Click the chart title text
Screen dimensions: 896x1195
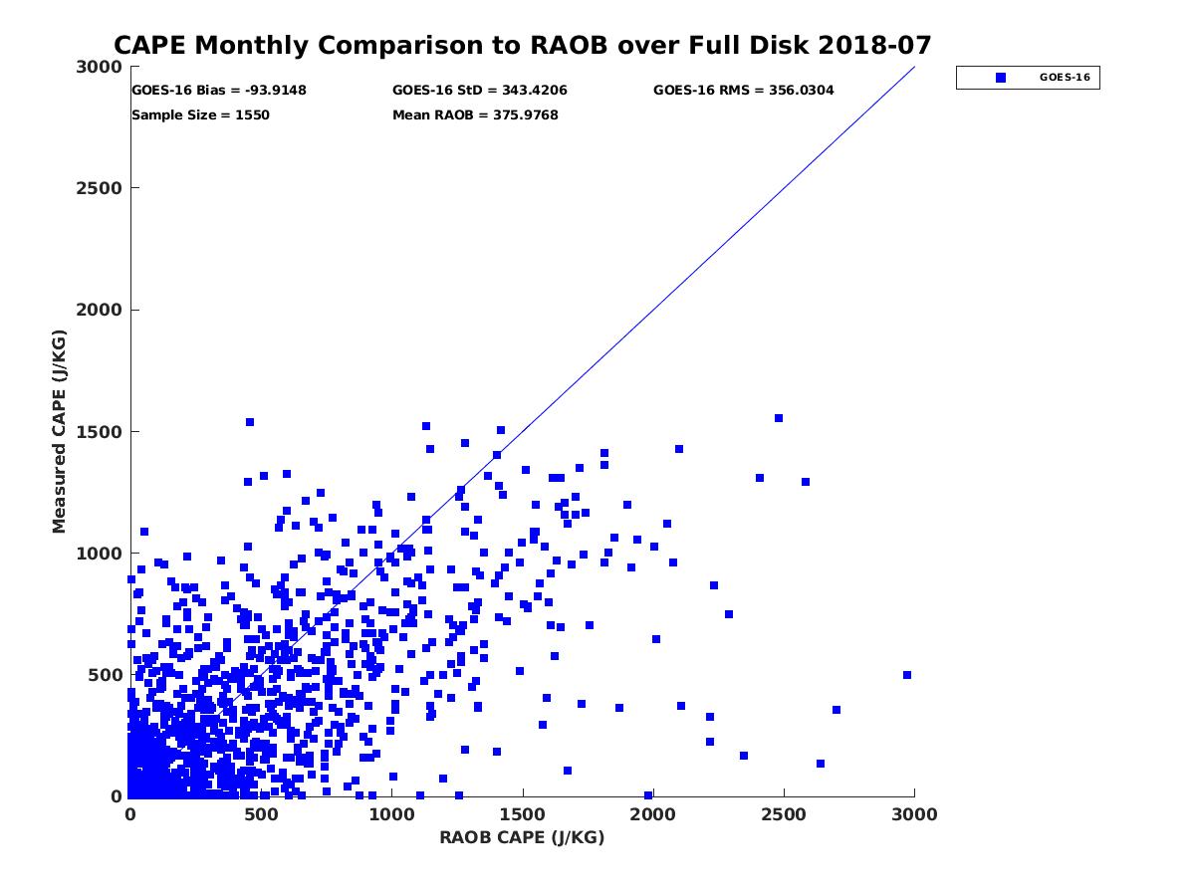tap(523, 46)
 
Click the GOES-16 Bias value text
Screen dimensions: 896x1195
tap(219, 91)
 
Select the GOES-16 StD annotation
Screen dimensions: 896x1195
tap(480, 91)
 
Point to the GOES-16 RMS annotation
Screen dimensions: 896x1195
tap(744, 91)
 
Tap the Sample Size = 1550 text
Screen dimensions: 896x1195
tap(200, 115)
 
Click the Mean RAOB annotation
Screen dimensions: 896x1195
tap(475, 115)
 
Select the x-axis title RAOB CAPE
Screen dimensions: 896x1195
tap(522, 837)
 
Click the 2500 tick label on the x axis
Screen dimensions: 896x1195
tap(784, 814)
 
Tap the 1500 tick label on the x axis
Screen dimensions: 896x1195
tap(523, 814)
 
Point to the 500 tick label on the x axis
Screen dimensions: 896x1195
tap(261, 814)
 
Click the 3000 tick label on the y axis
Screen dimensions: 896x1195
tap(99, 67)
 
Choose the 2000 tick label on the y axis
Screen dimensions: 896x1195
tap(99, 310)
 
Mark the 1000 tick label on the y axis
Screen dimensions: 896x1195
tap(99, 554)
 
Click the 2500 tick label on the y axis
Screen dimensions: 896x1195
tap(99, 188)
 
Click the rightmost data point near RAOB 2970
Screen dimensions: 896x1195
tap(907, 675)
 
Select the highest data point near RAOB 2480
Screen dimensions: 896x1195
tap(779, 418)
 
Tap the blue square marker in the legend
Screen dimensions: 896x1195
tap(1001, 77)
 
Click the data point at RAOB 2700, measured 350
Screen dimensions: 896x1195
tap(836, 710)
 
